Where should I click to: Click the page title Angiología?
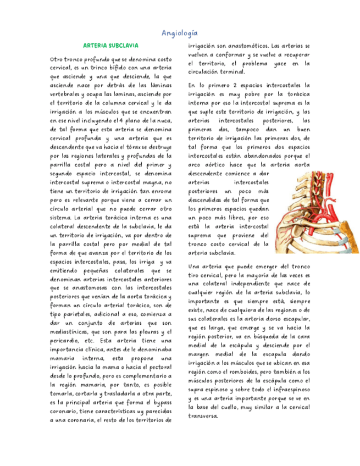[180, 34]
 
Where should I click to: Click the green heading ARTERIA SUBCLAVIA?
[110, 46]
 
